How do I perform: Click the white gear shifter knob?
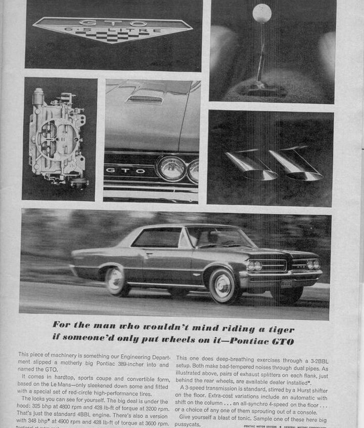262,13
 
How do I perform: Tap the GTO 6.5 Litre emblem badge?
112,29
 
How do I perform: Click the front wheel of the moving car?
222,286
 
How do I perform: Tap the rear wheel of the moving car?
117,281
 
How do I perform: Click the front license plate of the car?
286,284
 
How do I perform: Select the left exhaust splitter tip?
251,165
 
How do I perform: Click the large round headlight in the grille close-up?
172,168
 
